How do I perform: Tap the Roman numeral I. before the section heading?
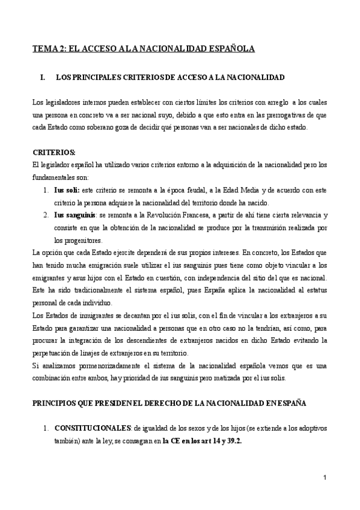tap(42, 78)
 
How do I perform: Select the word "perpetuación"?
tap(53, 352)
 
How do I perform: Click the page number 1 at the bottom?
tap(325, 478)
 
